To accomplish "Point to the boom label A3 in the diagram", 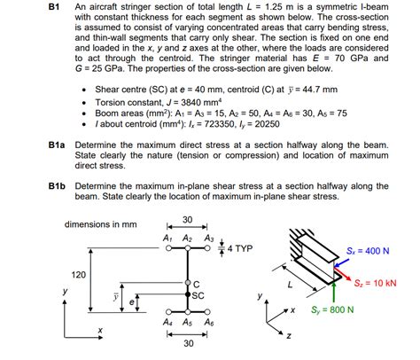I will point(208,239).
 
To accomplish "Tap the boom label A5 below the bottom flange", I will point(188,323).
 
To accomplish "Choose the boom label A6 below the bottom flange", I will point(208,323).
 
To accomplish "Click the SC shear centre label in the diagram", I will point(199,294).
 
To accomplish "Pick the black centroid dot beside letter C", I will point(187,285).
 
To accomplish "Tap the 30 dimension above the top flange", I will point(188,220).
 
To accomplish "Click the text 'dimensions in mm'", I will point(101,225).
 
